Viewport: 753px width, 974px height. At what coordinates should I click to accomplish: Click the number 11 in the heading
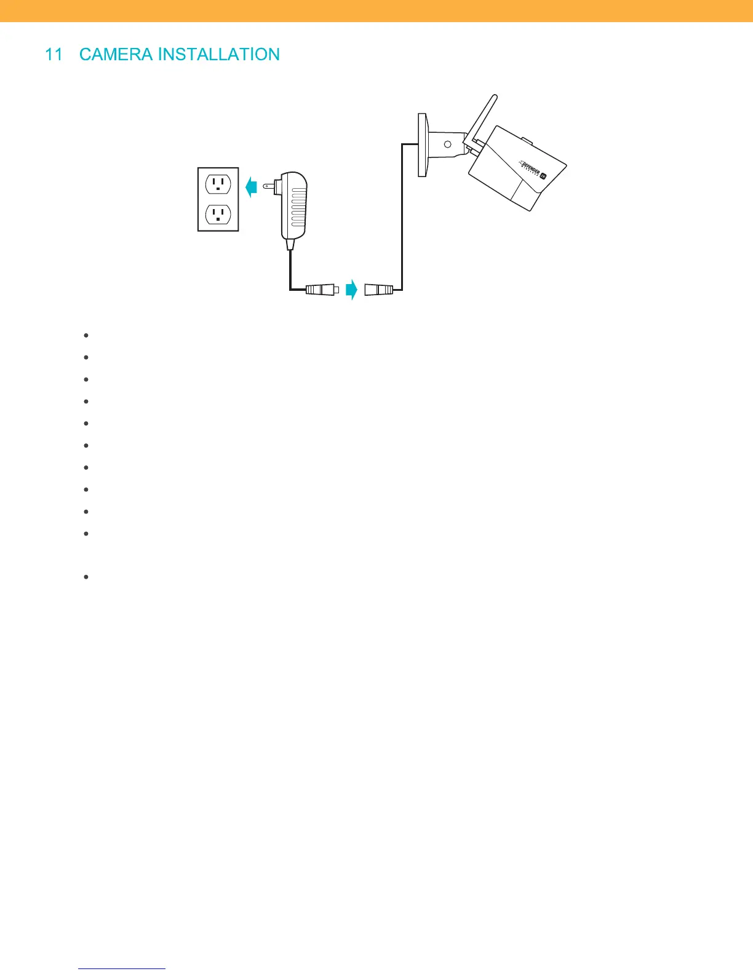pyautogui.click(x=54, y=55)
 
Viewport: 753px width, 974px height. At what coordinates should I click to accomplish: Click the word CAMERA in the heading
pyautogui.click(x=116, y=55)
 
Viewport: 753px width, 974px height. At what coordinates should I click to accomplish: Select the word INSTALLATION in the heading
pyautogui.click(x=218, y=55)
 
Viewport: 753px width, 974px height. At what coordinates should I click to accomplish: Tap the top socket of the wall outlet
pyautogui.click(x=218, y=184)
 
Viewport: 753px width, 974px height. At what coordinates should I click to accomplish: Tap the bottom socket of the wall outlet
pyautogui.click(x=218, y=214)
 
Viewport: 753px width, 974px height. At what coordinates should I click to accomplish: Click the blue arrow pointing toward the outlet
pyautogui.click(x=250, y=187)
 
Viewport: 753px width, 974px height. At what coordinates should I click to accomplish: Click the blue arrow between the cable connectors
pyautogui.click(x=351, y=289)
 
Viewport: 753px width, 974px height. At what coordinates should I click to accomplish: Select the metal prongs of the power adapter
pyautogui.click(x=268, y=186)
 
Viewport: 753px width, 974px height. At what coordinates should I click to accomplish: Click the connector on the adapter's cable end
pyautogui.click(x=322, y=289)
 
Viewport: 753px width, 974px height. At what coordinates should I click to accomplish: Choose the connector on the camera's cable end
pyautogui.click(x=378, y=289)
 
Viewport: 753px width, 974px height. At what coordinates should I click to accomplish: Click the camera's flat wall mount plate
pyautogui.click(x=422, y=145)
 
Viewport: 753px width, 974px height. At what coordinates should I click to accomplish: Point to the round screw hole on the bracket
pyautogui.click(x=448, y=145)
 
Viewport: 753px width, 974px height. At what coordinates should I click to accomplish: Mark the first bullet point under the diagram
pyautogui.click(x=86, y=336)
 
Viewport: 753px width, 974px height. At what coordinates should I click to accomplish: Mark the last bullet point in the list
pyautogui.click(x=86, y=577)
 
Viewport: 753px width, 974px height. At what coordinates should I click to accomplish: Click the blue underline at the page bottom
pyautogui.click(x=122, y=969)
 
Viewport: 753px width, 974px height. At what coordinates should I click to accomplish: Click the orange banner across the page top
pyautogui.click(x=376, y=11)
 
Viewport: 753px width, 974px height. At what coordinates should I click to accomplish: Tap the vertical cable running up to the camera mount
pyautogui.click(x=402, y=215)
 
